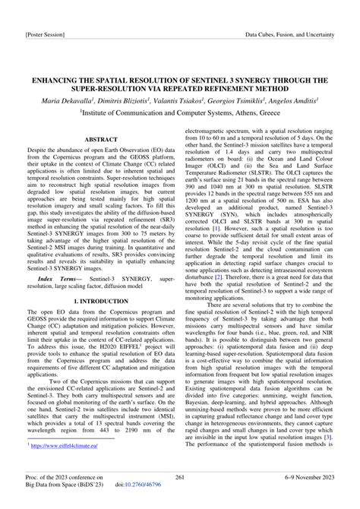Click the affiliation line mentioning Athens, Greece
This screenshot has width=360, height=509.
[x=179, y=109]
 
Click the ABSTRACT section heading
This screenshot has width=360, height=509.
[x=101, y=141]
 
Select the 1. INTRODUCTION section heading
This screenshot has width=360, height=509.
[x=101, y=280]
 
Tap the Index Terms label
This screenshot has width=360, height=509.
[x=57, y=259]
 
